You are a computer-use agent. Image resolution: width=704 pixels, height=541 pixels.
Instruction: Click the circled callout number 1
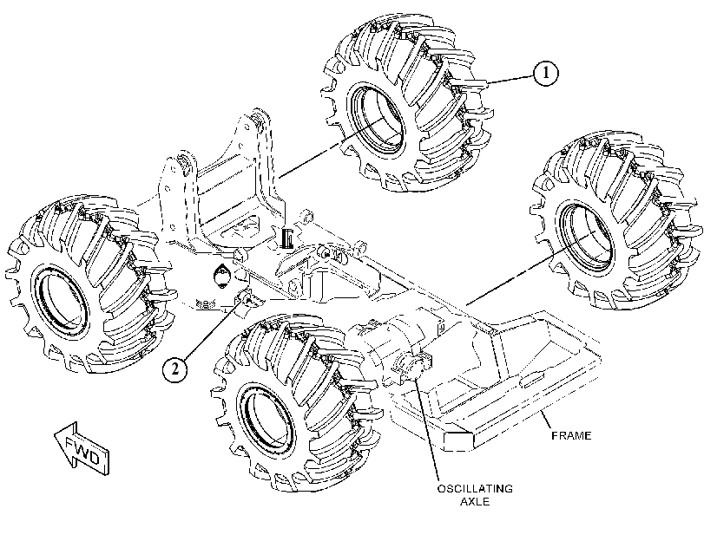coord(545,73)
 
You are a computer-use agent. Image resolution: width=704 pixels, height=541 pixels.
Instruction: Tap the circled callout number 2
coord(175,368)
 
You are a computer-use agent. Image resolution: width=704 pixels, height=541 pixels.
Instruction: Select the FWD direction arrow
coord(82,449)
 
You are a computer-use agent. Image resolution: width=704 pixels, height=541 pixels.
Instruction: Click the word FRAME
coord(571,435)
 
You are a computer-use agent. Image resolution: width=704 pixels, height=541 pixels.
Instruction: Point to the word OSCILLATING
coord(475,488)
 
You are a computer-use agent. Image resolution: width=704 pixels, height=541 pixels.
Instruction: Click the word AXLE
coord(475,501)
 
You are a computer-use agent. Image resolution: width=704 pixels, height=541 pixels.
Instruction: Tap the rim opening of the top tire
coord(376,118)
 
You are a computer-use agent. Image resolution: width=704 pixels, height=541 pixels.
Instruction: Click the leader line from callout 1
coord(510,80)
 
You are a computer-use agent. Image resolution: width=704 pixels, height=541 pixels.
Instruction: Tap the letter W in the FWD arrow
coord(82,450)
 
